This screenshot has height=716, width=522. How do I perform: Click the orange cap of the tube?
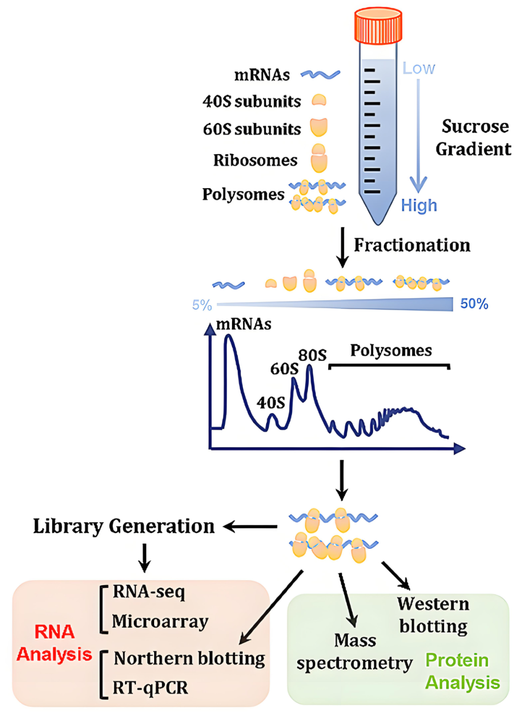coord(378,25)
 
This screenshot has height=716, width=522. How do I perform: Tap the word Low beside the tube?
coord(419,68)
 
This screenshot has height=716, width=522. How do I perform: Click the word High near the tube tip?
coord(419,205)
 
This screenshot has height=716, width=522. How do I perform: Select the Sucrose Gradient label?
coord(473,138)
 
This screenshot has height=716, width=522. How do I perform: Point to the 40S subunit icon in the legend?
coord(319,101)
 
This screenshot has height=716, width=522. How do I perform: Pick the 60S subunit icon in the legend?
coord(319,127)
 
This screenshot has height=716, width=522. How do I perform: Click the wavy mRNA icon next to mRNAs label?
coord(320,74)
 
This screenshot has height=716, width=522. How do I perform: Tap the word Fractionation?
coord(412,245)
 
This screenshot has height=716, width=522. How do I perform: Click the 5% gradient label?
coord(202,305)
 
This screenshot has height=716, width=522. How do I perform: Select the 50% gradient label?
coord(474,304)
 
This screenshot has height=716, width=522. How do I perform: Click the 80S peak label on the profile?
coord(312,355)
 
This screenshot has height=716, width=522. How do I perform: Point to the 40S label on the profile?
coord(271,402)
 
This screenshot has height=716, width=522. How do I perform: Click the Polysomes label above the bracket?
coord(391,350)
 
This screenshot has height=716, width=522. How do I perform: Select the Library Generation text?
coord(124,526)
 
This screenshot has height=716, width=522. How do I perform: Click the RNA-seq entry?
coord(149,591)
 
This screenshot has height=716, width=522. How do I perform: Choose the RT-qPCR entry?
coord(150,687)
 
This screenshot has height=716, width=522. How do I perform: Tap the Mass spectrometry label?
coord(355,652)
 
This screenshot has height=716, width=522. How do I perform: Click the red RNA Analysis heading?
coord(54,643)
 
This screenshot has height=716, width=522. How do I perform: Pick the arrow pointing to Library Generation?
coord(250,526)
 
